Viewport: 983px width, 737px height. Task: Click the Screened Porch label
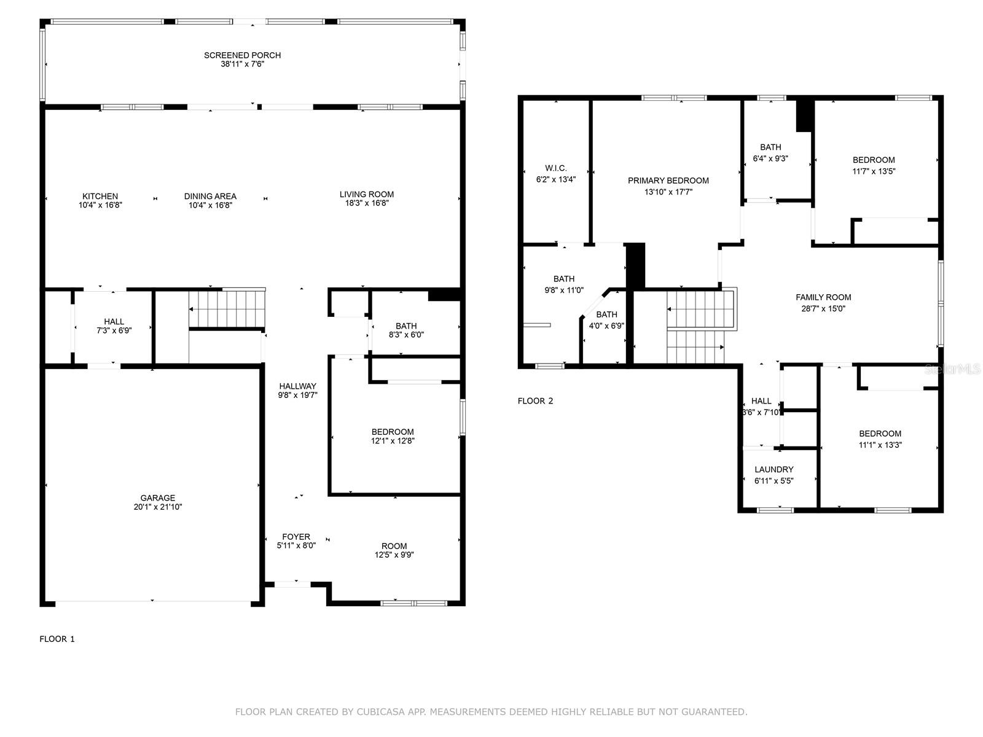pyautogui.click(x=242, y=55)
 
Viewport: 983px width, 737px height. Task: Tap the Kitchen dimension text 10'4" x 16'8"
pyautogui.click(x=100, y=205)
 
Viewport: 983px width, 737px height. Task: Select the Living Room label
pyautogui.click(x=366, y=194)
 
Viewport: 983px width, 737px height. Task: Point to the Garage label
pyautogui.click(x=158, y=497)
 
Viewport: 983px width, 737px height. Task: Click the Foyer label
pyautogui.click(x=296, y=537)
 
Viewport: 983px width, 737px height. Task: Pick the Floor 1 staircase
pyautogui.click(x=227, y=309)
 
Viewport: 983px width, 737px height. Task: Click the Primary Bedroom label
pyautogui.click(x=668, y=181)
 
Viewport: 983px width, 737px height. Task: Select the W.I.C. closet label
pyautogui.click(x=556, y=168)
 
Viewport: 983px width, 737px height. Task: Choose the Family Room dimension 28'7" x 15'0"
pyautogui.click(x=823, y=308)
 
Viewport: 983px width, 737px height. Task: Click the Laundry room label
pyautogui.click(x=774, y=469)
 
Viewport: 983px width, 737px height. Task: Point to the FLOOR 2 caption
pyautogui.click(x=535, y=401)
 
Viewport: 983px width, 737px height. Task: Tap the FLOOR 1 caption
pyautogui.click(x=57, y=639)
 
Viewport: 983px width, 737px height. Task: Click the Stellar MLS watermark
pyautogui.click(x=952, y=368)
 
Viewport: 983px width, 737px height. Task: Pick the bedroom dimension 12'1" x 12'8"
pyautogui.click(x=393, y=441)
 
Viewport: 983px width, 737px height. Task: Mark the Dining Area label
pyautogui.click(x=210, y=197)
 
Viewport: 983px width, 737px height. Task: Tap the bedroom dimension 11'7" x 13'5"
pyautogui.click(x=874, y=171)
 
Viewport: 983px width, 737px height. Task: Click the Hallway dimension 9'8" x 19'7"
pyautogui.click(x=297, y=395)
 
